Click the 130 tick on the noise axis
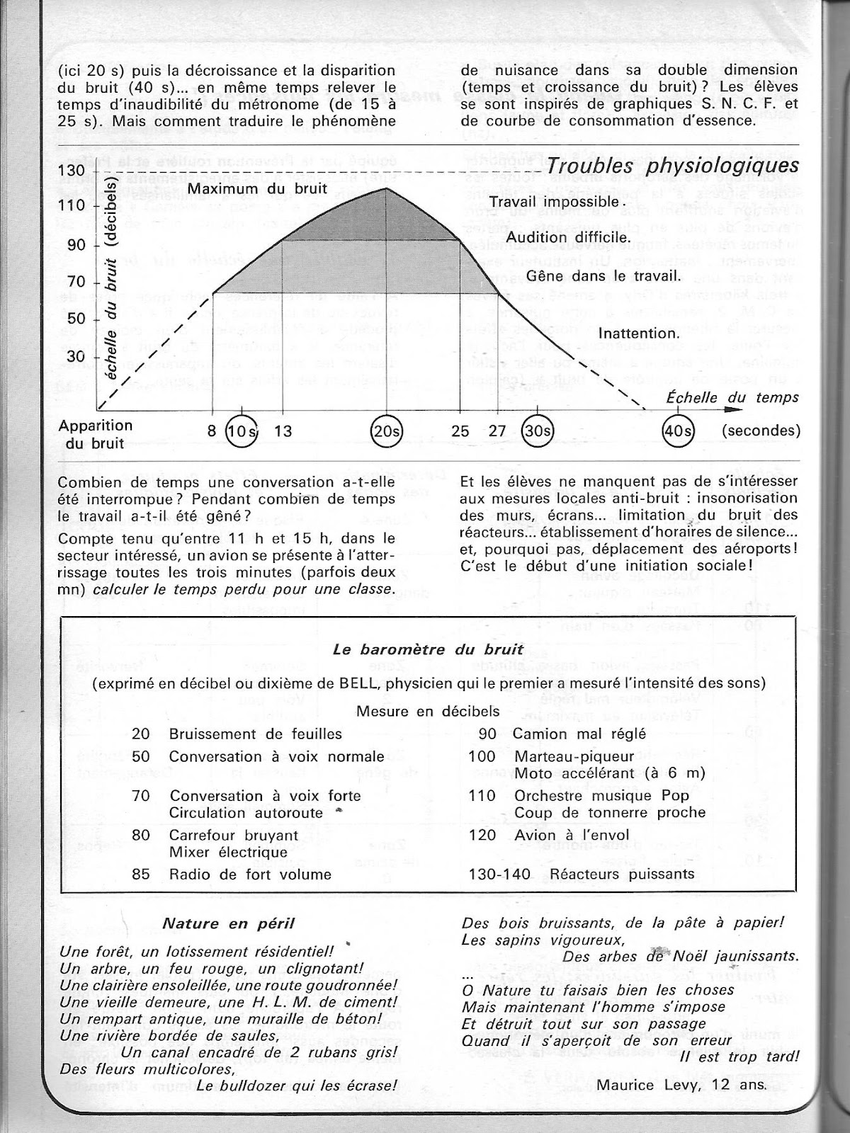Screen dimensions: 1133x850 point(76,171)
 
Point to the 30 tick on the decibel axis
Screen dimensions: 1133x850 point(76,355)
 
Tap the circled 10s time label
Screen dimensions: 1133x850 point(243,431)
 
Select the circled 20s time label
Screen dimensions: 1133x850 point(387,431)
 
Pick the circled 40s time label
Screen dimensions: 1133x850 point(678,431)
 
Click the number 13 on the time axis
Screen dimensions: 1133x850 point(283,431)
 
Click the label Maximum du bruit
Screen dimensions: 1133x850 point(257,189)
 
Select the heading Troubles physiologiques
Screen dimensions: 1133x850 point(673,166)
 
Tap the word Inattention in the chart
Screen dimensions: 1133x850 point(639,333)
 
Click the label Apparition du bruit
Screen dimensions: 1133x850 point(96,434)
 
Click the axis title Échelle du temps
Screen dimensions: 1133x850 point(732,397)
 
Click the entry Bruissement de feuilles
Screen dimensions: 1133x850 point(255,734)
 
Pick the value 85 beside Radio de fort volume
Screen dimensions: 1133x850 point(141,875)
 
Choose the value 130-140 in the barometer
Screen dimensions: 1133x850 point(499,875)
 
